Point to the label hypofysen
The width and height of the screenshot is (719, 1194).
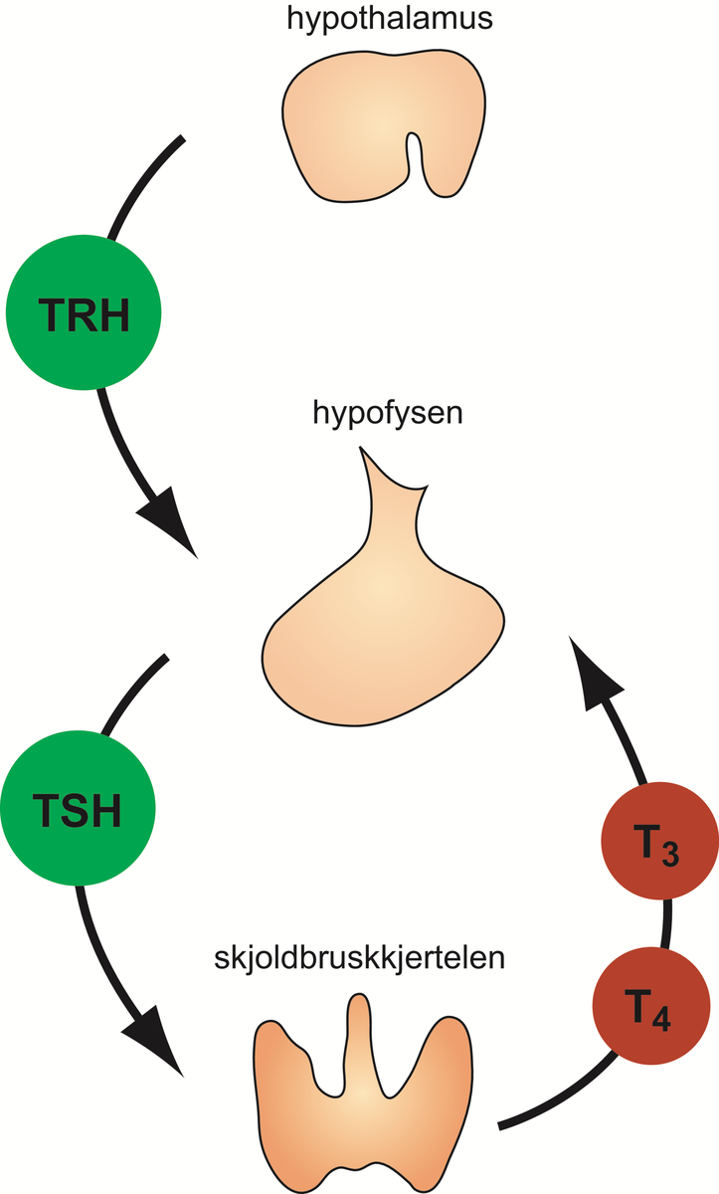[387, 412]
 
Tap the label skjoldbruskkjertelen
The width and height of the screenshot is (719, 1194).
[360, 961]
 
